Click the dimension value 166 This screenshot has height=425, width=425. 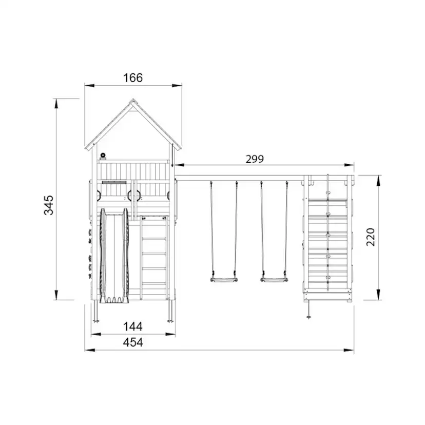[x=133, y=78]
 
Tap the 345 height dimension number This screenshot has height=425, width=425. [x=49, y=205]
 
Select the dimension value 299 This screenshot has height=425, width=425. [x=255, y=159]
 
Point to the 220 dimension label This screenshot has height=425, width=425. [x=371, y=237]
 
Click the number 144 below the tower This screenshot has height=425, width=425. [x=133, y=326]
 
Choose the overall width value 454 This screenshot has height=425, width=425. [x=133, y=342]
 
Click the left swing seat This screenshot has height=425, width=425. [x=224, y=280]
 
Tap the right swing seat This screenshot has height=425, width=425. [x=274, y=280]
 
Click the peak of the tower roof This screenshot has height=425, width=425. [x=133, y=99]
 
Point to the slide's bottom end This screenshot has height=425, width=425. [x=114, y=300]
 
